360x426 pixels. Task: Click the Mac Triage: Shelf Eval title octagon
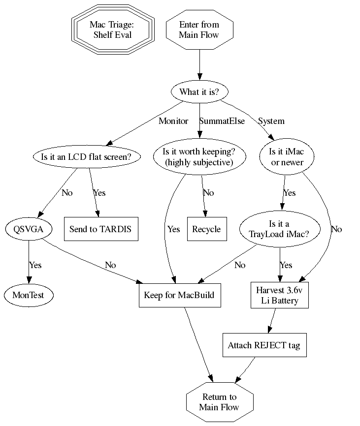tap(113, 30)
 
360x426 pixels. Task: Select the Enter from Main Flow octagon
tap(199, 30)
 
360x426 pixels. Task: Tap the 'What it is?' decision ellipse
tap(199, 92)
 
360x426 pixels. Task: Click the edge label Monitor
tap(173, 121)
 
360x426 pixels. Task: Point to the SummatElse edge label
tap(222, 121)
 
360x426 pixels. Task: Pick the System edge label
tap(271, 121)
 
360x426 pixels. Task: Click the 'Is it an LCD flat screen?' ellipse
tap(87, 157)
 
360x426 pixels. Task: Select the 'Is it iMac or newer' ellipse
tap(288, 157)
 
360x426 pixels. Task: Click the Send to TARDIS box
tap(100, 229)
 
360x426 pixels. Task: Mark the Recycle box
tap(207, 229)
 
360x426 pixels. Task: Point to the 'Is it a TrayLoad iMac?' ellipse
tap(280, 229)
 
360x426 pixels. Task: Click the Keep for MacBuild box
tap(179, 295)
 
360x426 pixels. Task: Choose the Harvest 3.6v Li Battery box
tap(280, 295)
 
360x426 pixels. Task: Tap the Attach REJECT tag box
tap(264, 345)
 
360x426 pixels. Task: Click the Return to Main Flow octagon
tap(220, 402)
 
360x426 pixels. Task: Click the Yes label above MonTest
tap(35, 265)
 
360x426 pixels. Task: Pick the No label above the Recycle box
tap(208, 192)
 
